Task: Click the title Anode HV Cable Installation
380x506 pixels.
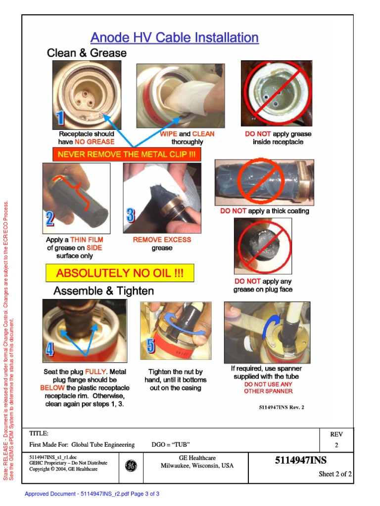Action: pyautogui.click(x=174, y=38)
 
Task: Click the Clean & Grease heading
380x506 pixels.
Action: pyautogui.click(x=87, y=53)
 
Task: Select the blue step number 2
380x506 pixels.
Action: pyautogui.click(x=50, y=218)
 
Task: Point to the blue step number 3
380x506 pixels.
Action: pyautogui.click(x=130, y=215)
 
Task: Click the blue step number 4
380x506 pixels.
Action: pyautogui.click(x=49, y=350)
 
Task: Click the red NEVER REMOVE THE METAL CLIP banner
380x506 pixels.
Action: pyautogui.click(x=127, y=155)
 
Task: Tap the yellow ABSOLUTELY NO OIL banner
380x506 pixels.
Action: pyautogui.click(x=120, y=273)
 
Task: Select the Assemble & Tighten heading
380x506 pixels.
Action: pyautogui.click(x=103, y=291)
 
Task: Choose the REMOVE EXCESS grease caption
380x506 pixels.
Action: pyautogui.click(x=162, y=244)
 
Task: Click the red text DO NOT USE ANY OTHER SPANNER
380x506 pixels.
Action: pyautogui.click(x=268, y=388)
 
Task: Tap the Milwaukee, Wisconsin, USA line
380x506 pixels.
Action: pyautogui.click(x=197, y=466)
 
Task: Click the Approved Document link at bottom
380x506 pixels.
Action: pyautogui.click(x=92, y=494)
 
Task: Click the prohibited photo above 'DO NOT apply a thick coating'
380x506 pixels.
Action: pyautogui.click(x=264, y=182)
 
